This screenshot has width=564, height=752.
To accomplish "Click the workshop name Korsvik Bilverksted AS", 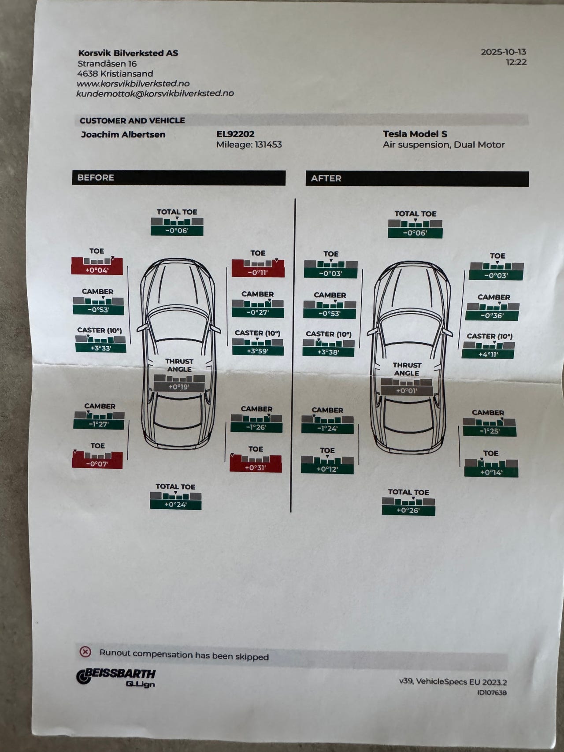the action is tap(128, 53).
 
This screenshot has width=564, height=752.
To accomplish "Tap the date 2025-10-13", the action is tap(503, 52).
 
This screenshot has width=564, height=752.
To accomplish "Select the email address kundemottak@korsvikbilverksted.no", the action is tap(155, 93).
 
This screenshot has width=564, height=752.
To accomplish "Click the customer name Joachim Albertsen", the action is tap(123, 134).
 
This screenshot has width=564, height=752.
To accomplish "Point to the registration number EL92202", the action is tap(235, 134).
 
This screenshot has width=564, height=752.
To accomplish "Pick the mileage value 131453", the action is tap(268, 144).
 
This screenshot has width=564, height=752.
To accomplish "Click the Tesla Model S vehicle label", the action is tap(415, 134).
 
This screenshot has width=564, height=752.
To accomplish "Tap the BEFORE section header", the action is tap(96, 178).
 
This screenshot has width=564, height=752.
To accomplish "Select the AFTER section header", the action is tap(326, 178).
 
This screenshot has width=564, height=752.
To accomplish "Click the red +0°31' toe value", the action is tap(256, 467).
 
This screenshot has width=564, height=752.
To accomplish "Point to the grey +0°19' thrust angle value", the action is tap(179, 387).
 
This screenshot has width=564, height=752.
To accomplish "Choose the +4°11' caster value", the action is tap(488, 354).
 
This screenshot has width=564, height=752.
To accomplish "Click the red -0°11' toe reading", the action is tap(258, 273).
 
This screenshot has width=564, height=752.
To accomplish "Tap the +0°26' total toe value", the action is tap(408, 511).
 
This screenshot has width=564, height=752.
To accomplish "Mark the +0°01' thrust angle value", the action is tap(406, 391).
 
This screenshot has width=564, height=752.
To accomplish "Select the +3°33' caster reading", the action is tap(100, 348).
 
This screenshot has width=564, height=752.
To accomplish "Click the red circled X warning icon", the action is tap(85, 652).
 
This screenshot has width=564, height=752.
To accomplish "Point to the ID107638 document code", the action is tap(492, 693).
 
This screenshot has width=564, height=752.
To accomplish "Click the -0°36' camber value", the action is tap(492, 316).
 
